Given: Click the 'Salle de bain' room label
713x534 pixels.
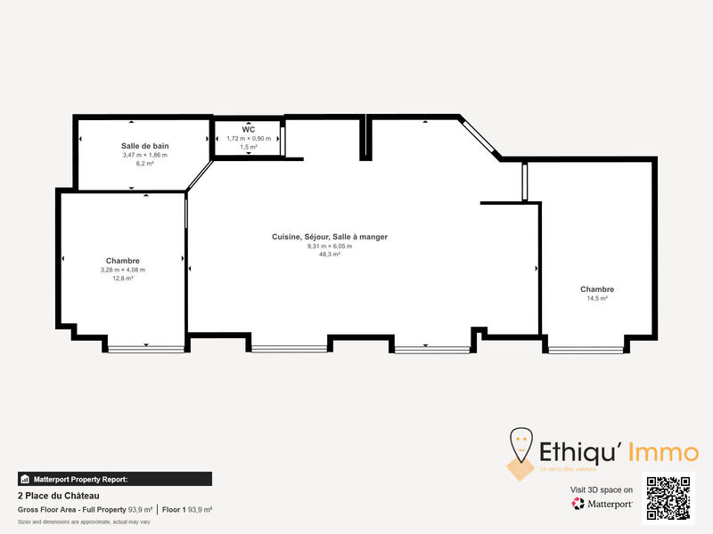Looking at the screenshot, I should (x=145, y=146).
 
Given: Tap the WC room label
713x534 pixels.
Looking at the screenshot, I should (x=248, y=129).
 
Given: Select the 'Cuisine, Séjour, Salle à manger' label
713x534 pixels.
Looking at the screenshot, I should (x=330, y=237).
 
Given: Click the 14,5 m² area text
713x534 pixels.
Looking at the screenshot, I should (x=597, y=299).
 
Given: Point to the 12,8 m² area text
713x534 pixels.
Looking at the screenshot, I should (x=123, y=279).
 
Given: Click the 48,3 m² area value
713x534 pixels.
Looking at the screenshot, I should (x=330, y=255).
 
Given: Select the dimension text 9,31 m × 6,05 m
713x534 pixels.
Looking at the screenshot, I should (x=330, y=246).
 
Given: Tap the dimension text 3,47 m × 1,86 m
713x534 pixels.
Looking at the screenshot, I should (x=145, y=155).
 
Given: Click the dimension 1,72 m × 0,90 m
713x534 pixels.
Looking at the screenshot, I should (x=248, y=138).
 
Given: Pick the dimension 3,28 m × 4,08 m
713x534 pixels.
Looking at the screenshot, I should (x=123, y=270).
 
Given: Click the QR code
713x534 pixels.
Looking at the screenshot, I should (x=668, y=499).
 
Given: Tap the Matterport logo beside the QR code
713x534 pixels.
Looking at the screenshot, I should (x=602, y=504).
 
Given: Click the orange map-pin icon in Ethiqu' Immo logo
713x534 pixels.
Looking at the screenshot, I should (x=520, y=445).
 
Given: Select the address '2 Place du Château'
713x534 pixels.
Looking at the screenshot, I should (x=59, y=496).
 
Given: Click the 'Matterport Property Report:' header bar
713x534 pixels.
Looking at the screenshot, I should (x=115, y=479).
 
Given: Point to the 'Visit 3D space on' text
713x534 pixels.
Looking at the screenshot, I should (x=602, y=489).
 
